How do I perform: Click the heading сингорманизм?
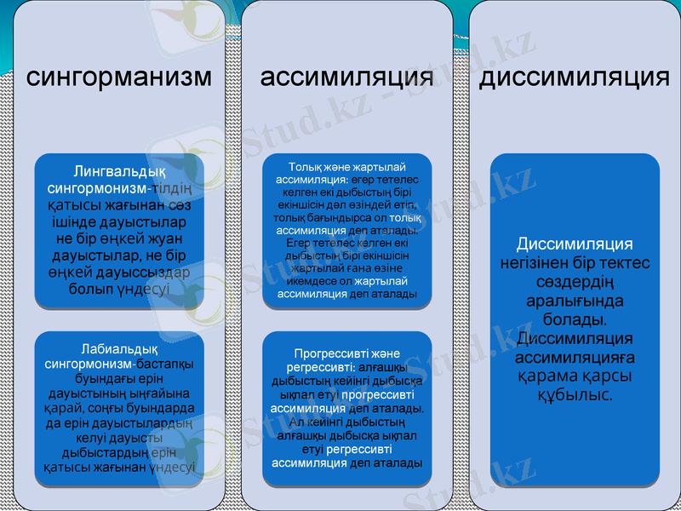click(119, 78)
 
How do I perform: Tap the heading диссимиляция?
click(575, 78)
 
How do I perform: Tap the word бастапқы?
click(165, 364)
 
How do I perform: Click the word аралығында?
click(575, 301)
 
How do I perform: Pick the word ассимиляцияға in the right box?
click(575, 357)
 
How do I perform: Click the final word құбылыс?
click(575, 394)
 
